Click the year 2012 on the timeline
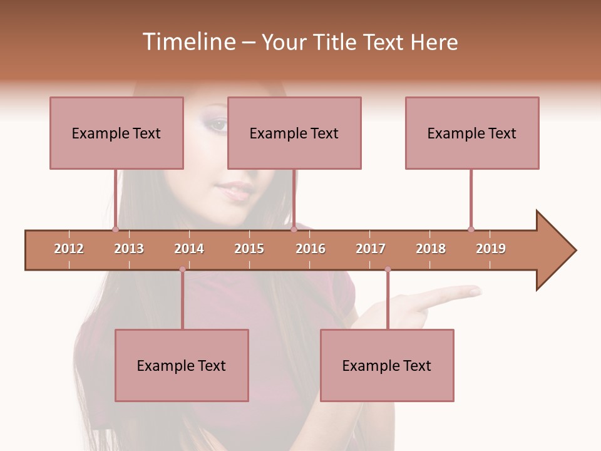tap(69, 249)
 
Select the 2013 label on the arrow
tap(129, 249)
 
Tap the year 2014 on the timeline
tap(189, 249)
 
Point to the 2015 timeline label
tap(249, 249)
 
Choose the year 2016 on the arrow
tap(311, 249)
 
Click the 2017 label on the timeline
tap(371, 249)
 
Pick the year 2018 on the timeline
tap(431, 249)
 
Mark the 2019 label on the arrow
tap(491, 249)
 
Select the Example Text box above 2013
tap(116, 133)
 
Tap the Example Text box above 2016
tap(294, 133)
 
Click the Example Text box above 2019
tap(472, 133)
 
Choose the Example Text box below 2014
tap(182, 365)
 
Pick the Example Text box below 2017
tap(387, 365)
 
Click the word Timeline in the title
tap(188, 42)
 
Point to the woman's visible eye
tap(217, 124)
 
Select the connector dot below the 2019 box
tap(471, 229)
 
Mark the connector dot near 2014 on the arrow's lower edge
tap(182, 269)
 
